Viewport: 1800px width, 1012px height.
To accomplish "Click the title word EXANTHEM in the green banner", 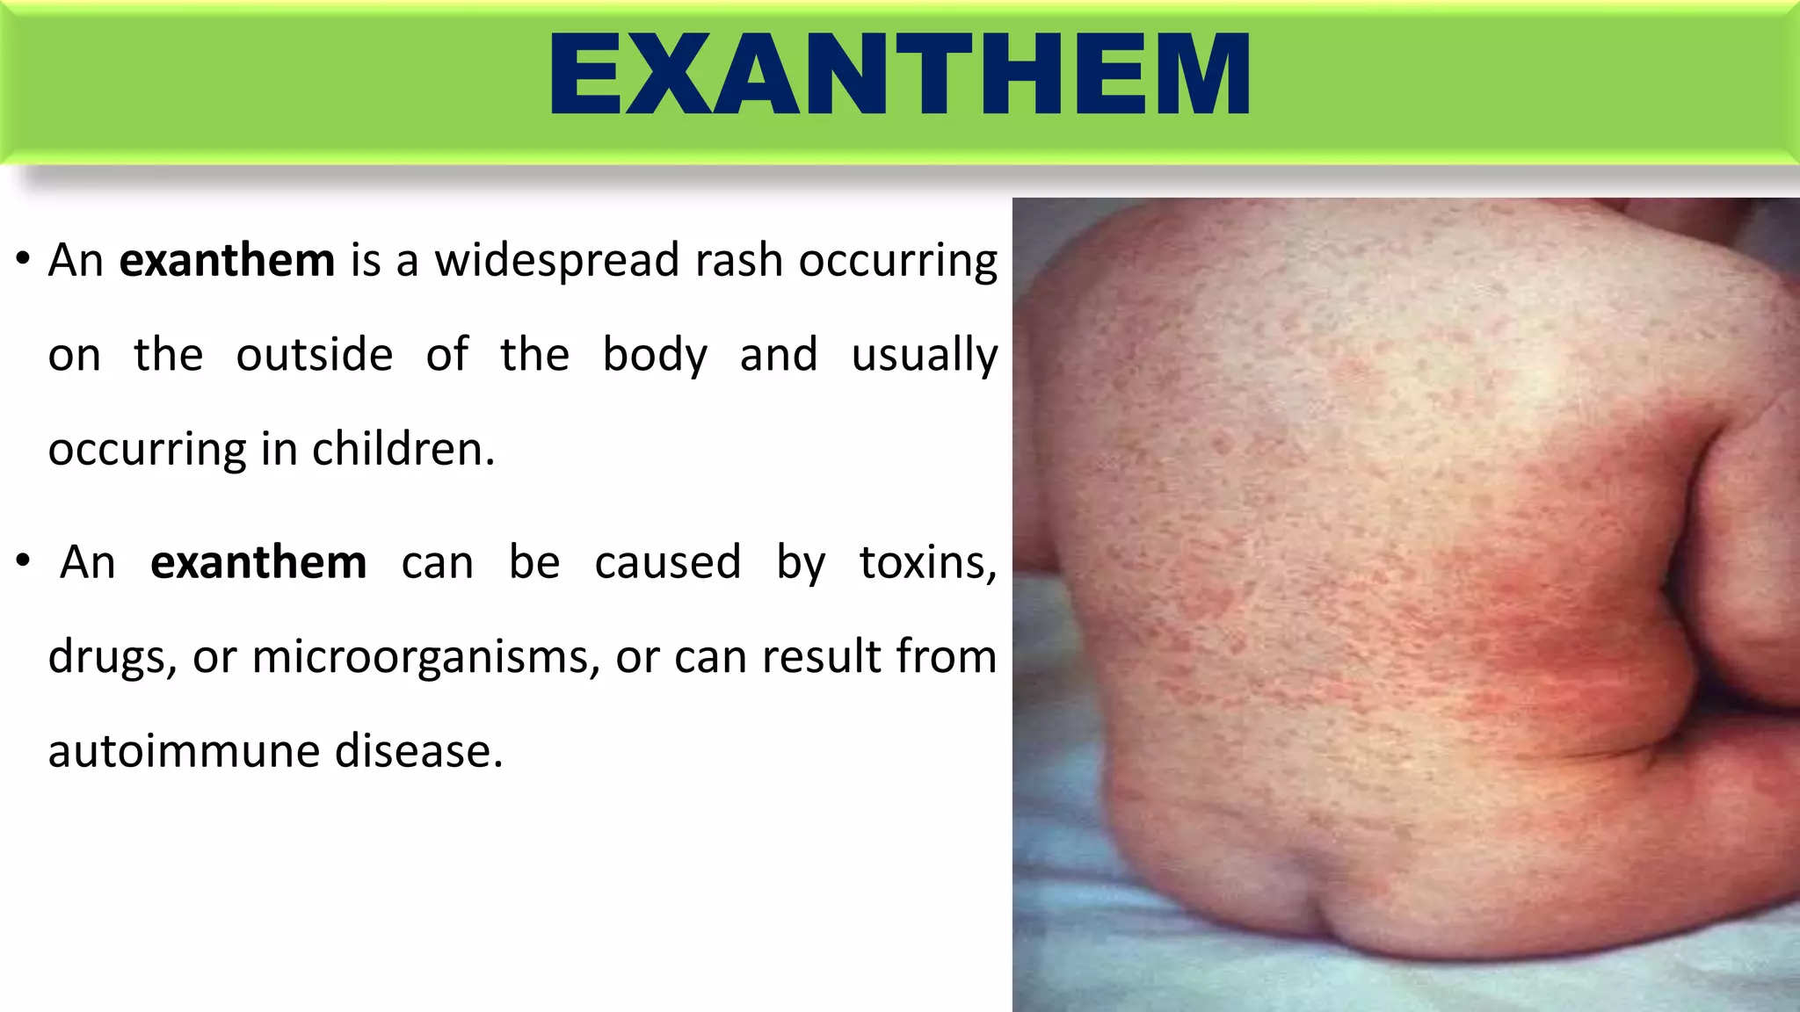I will point(899,75).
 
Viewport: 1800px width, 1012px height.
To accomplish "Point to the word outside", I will point(314,356).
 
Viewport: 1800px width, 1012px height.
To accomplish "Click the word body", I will point(655,356).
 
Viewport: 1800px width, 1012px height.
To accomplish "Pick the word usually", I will point(924,356).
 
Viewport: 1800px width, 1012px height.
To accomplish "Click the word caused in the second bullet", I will point(667,562).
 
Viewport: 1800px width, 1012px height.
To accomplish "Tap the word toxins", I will point(927,562).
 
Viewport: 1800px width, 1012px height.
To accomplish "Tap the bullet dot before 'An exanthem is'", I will point(24,260).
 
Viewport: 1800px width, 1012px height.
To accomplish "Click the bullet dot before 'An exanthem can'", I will point(24,561).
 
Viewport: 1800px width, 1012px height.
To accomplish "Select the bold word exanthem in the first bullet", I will point(227,261).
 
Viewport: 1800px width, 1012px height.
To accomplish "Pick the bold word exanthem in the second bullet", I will point(258,562).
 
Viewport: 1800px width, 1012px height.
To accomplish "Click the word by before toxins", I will point(800,562).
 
